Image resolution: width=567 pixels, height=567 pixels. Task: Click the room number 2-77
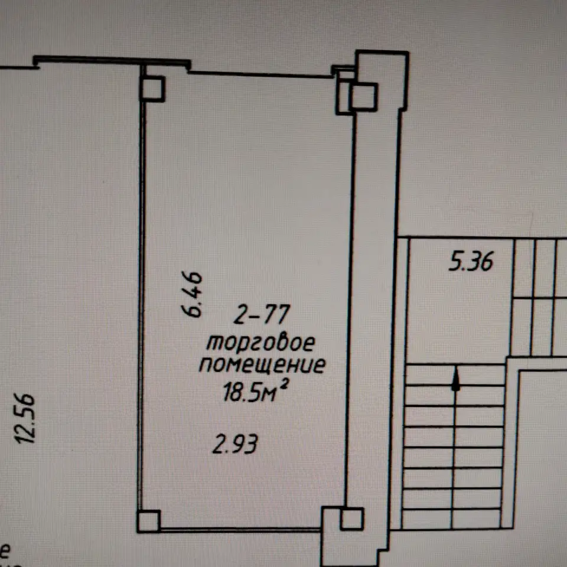[x=262, y=314]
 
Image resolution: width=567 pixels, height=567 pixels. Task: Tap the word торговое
[x=260, y=343]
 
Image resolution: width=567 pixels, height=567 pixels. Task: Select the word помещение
[x=262, y=365]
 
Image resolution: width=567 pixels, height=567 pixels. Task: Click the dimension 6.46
[x=191, y=294]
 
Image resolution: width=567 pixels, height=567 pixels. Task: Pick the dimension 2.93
[x=234, y=444]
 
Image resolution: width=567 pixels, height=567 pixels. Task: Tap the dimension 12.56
[x=25, y=418]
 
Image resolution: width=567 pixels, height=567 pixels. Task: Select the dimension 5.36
[x=471, y=262]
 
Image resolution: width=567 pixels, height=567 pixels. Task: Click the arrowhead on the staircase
[x=455, y=379]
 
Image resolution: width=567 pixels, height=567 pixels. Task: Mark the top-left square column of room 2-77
[x=153, y=89]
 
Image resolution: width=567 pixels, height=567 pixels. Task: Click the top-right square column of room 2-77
[x=363, y=96]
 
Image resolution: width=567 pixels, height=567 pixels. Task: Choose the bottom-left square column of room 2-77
[x=148, y=521]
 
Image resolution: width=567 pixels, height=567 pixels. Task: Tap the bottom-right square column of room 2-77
[x=351, y=519]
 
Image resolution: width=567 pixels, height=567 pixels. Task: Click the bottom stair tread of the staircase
[x=451, y=519]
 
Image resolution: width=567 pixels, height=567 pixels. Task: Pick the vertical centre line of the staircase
[x=454, y=447]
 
